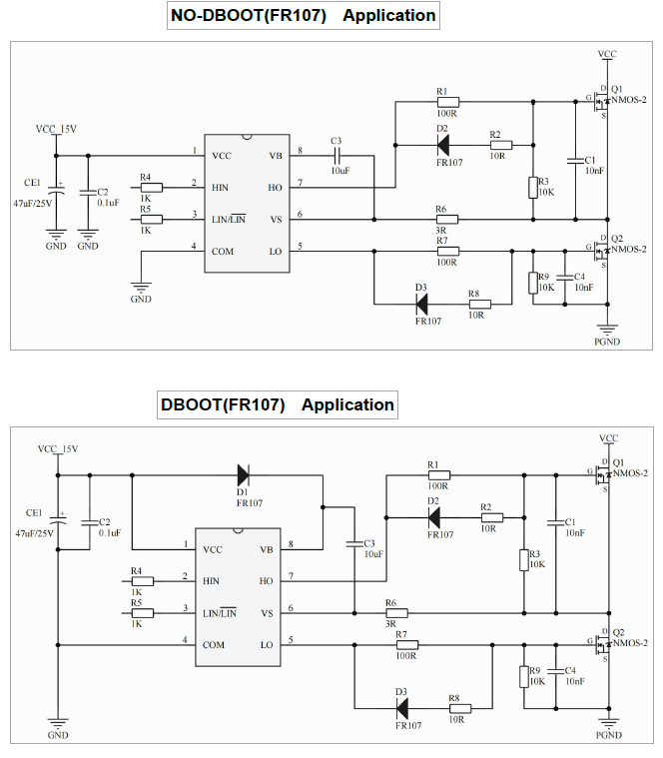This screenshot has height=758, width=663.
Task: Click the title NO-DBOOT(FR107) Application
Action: coord(303,16)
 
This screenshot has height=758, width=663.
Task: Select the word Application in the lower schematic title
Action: coord(347,404)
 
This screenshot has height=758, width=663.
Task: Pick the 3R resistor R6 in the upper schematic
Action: coord(447,218)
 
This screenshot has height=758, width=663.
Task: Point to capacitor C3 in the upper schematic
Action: coord(336,156)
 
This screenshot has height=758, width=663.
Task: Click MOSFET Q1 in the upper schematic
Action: coord(602,101)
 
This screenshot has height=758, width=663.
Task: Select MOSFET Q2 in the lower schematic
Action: coord(602,644)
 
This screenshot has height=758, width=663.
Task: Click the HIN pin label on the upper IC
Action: coord(221,187)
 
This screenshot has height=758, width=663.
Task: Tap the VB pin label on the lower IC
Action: coord(267,549)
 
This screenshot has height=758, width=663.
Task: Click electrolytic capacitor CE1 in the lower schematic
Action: coord(58,520)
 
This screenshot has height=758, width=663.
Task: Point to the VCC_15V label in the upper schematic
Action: coord(56,129)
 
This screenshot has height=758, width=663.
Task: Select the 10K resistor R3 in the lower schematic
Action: coord(523,559)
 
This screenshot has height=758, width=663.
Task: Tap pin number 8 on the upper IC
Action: coord(299,151)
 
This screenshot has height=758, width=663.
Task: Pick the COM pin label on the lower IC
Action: coord(213,644)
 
